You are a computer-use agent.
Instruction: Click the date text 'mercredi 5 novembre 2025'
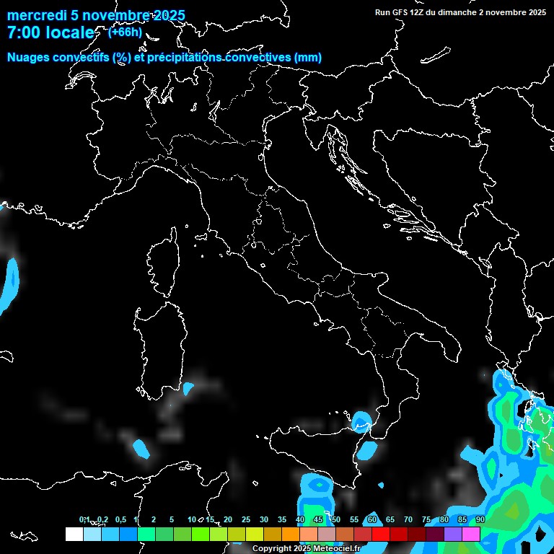(x=96, y=16)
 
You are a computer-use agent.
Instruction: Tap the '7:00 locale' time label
(x=50, y=33)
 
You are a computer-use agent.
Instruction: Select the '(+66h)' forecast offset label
(x=125, y=32)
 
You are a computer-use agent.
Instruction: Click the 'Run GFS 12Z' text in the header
(x=401, y=12)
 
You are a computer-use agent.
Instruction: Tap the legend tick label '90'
(x=480, y=519)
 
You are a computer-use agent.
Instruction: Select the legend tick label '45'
(x=318, y=519)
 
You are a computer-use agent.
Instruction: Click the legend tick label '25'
(x=246, y=519)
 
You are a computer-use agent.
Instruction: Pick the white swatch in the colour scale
(x=74, y=534)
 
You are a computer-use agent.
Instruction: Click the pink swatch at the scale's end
(x=471, y=534)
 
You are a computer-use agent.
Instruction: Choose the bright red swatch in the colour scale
(x=381, y=534)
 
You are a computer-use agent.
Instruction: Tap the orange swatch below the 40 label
(x=291, y=534)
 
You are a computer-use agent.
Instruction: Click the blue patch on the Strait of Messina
(x=361, y=419)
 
